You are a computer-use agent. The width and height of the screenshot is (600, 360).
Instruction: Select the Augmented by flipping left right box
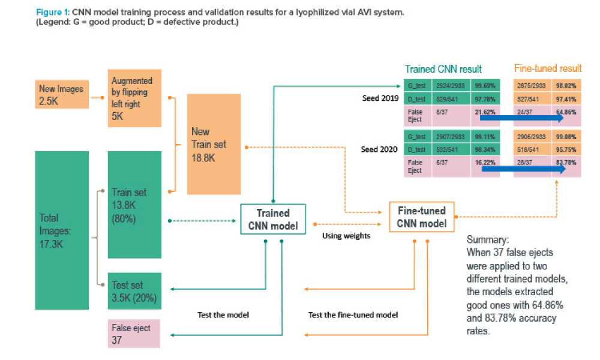click(x=136, y=98)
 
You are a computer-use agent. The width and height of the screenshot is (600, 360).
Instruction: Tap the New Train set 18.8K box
click(x=214, y=144)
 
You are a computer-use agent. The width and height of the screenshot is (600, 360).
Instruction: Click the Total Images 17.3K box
click(x=62, y=230)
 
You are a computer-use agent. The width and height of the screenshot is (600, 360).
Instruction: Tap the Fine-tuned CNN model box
click(x=422, y=218)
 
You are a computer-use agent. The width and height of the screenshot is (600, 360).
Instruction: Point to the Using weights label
click(x=347, y=236)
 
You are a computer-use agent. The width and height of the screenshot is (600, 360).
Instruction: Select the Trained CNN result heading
click(x=443, y=69)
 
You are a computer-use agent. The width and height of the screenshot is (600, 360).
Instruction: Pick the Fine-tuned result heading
click(x=548, y=69)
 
